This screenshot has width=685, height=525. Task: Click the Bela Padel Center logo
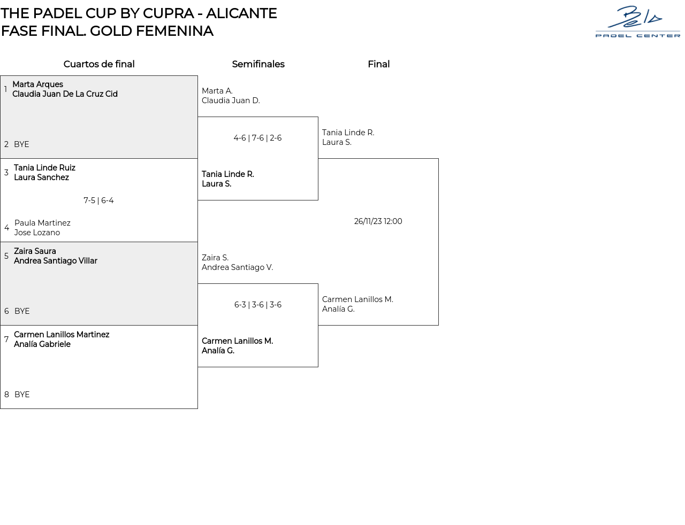point(637,21)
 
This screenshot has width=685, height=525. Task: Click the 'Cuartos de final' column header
point(99,64)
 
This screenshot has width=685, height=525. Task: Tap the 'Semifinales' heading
point(258,64)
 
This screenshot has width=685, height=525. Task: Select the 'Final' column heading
point(378,64)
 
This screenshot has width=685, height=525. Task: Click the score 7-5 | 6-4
point(98,200)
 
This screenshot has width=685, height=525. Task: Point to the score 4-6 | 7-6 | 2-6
point(257,138)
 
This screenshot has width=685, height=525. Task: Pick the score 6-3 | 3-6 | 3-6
point(257,305)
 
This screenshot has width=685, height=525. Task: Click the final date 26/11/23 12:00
point(378,221)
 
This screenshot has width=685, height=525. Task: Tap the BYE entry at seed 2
point(21,144)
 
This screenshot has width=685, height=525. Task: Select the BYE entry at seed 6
point(22,311)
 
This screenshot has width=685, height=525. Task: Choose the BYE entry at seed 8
point(22,395)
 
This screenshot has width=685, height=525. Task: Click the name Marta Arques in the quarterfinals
point(37,84)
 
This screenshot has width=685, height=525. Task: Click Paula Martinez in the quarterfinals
point(42,223)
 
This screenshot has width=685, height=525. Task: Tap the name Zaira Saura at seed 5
point(35,251)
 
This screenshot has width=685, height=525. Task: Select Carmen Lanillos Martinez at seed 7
point(62,335)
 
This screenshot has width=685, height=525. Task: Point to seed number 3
point(6,173)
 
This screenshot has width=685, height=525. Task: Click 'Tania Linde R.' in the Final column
point(348,133)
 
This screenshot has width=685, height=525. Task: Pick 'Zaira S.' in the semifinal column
point(215,258)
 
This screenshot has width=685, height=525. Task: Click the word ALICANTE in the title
point(241,13)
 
